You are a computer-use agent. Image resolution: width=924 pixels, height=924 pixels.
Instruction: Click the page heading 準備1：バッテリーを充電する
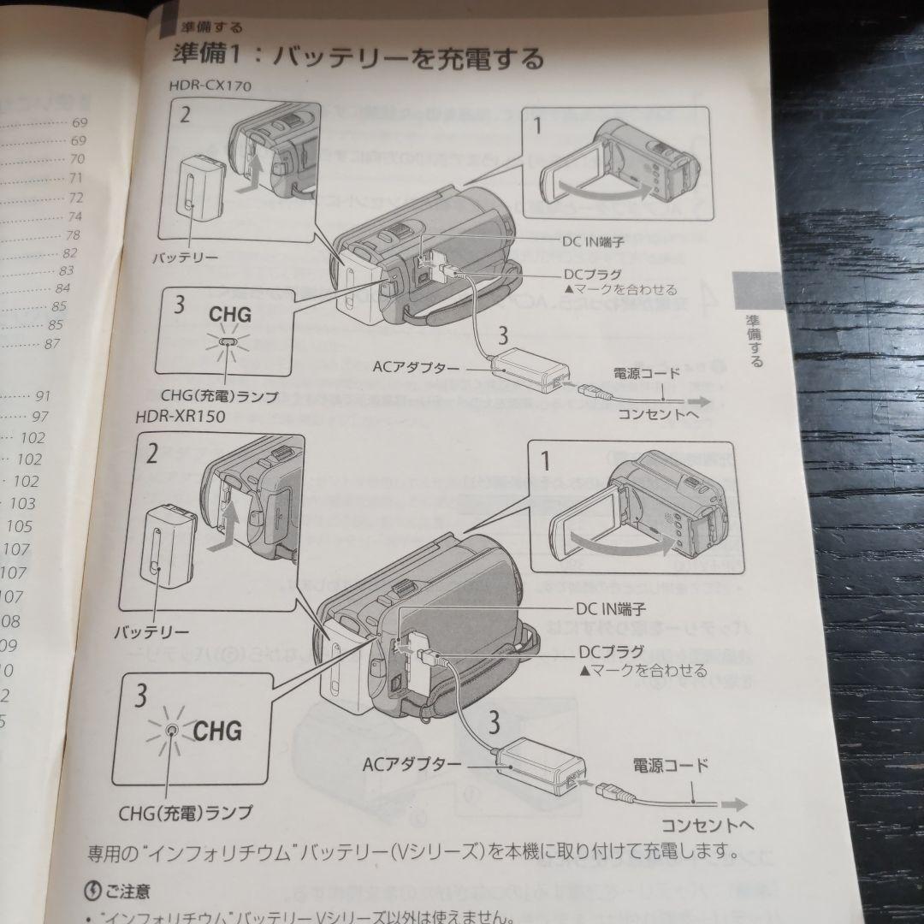tap(358, 58)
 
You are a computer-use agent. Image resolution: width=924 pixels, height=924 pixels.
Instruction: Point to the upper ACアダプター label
tap(416, 367)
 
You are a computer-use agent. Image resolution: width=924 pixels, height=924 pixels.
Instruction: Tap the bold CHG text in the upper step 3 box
tap(230, 314)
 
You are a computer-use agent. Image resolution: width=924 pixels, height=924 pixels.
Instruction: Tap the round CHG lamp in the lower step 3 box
tap(173, 729)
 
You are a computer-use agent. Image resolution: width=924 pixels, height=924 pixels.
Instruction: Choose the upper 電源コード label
tap(647, 373)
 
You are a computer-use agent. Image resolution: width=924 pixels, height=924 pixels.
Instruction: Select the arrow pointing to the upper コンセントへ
tap(696, 401)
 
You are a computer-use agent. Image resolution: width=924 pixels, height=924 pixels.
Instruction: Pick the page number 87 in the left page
tap(52, 345)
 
